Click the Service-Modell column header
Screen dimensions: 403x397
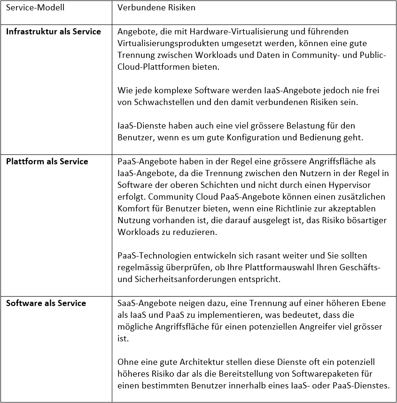pos(35,8)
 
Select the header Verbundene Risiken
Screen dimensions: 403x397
pos(156,8)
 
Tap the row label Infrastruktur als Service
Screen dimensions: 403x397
pos(53,32)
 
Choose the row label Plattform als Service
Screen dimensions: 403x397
pos(47,161)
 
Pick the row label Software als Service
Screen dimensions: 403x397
pos(46,303)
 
